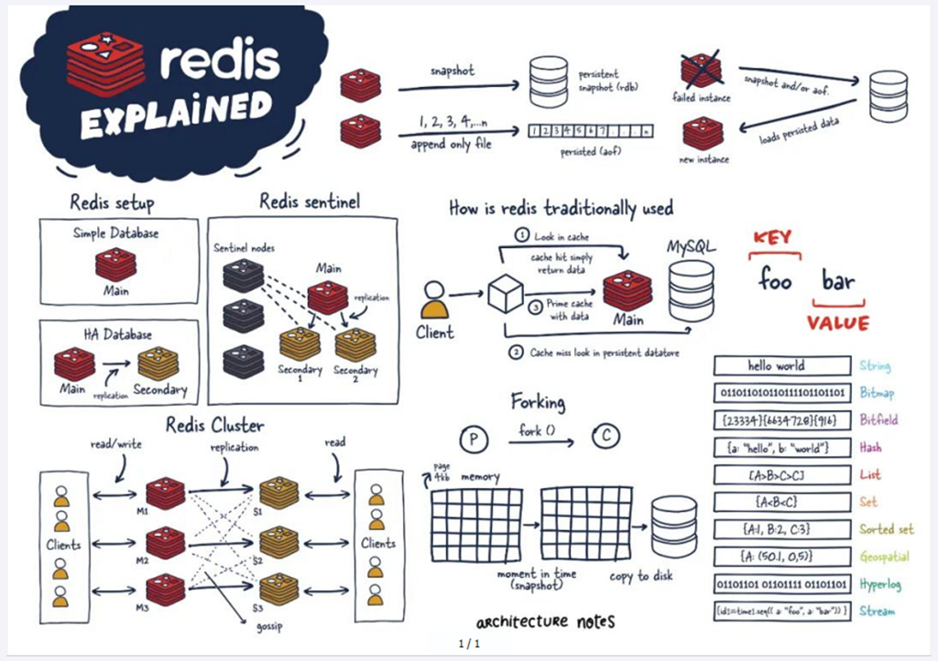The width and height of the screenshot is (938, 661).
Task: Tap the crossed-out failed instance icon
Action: pyautogui.click(x=702, y=71)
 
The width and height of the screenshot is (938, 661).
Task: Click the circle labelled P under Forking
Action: pyautogui.click(x=473, y=439)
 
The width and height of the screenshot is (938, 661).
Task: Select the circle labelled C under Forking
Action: pyautogui.click(x=605, y=437)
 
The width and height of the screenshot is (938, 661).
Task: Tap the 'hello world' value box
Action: pyautogui.click(x=781, y=366)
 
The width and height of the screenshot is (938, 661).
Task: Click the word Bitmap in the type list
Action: pyautogui.click(x=878, y=394)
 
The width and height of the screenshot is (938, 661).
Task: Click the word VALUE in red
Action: pyautogui.click(x=837, y=323)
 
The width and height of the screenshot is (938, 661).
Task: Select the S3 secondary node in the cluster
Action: pyautogui.click(x=278, y=591)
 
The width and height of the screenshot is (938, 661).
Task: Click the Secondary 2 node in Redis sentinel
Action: pyautogui.click(x=354, y=344)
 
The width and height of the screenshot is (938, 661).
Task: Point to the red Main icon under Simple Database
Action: pyautogui.click(x=115, y=264)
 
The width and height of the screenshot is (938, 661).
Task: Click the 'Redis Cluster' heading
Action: pyautogui.click(x=214, y=426)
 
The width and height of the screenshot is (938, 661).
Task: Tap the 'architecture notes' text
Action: pyautogui.click(x=545, y=622)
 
